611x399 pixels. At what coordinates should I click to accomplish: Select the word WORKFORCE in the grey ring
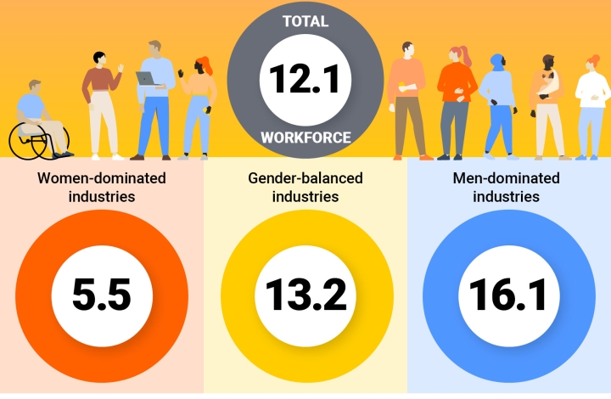pos(305,137)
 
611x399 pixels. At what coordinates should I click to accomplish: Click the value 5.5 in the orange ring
pos(102,295)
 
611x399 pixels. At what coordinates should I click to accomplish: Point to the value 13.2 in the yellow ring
pos(306,295)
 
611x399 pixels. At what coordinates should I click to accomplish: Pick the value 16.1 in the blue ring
pos(508,295)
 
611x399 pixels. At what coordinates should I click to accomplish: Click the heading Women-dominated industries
pos(102,188)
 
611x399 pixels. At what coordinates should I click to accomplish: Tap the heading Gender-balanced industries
pos(305,188)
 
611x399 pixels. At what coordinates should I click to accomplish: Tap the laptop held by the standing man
pos(146,78)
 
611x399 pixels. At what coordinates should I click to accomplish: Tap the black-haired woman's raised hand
pos(121,65)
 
